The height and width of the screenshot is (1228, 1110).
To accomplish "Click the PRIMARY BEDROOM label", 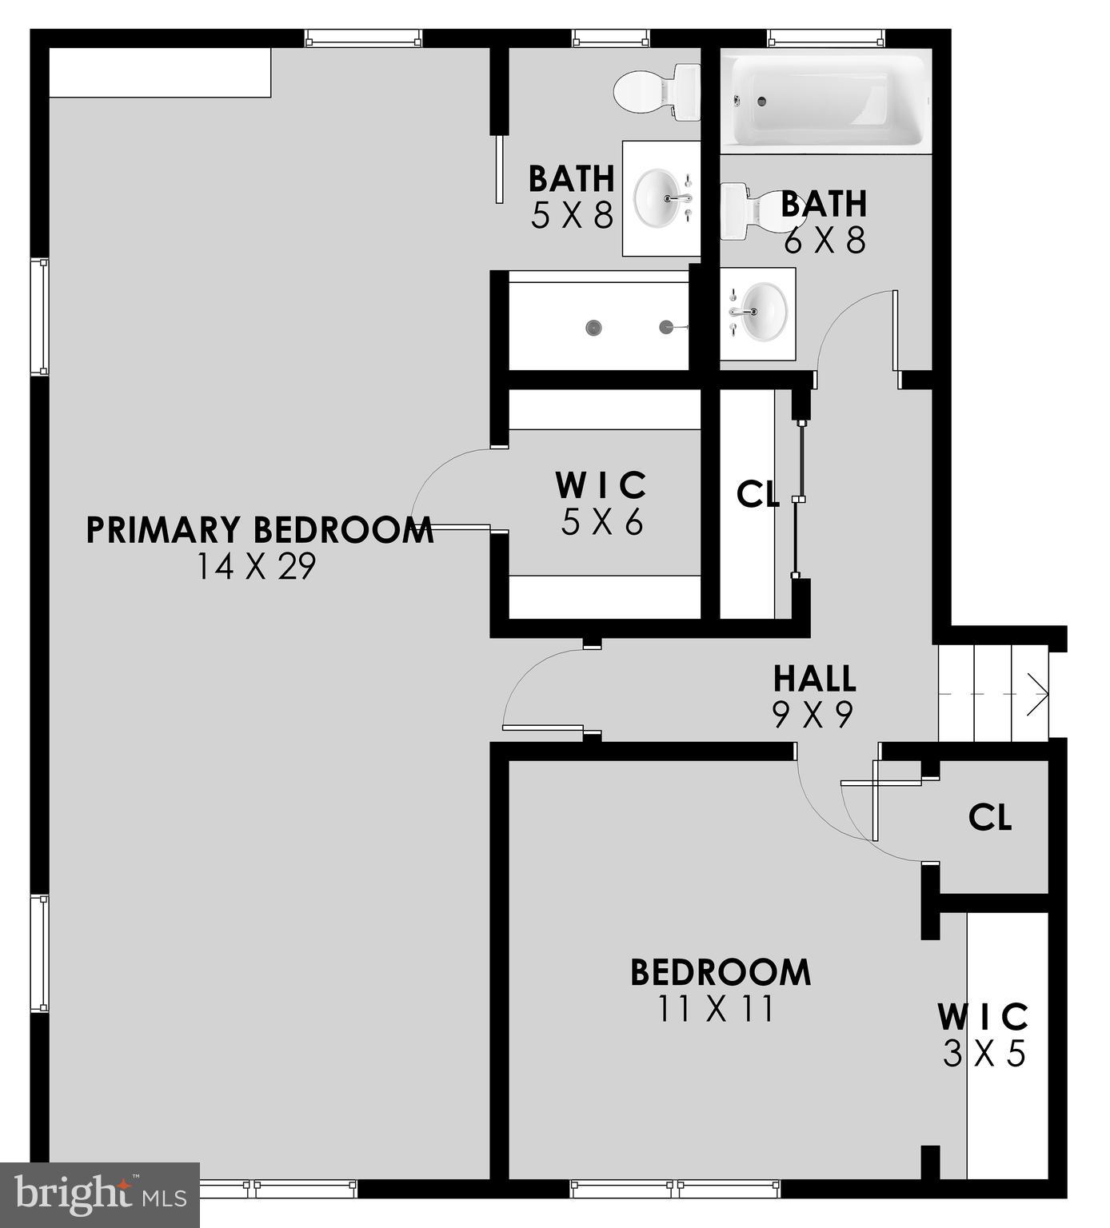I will [x=260, y=530].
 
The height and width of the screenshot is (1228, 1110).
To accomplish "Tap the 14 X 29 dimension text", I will [x=257, y=567].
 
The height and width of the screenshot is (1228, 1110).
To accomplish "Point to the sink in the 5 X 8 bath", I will [x=661, y=198].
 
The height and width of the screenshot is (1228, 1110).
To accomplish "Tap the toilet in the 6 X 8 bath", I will [x=743, y=212].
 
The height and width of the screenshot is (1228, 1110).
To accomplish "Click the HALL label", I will [x=814, y=679].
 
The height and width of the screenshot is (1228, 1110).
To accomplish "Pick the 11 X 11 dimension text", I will [x=716, y=1009].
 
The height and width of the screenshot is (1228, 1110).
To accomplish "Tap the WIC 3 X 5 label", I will [x=984, y=1035].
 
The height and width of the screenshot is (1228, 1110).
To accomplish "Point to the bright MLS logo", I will [x=99, y=1194].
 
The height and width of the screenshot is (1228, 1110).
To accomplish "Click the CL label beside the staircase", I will [x=990, y=817].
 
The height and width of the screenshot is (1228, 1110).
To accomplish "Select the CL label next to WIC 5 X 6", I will [x=757, y=495].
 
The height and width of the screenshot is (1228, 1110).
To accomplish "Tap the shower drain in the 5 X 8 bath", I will [x=593, y=327].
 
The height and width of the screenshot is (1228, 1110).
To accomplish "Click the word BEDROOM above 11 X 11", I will [x=721, y=972].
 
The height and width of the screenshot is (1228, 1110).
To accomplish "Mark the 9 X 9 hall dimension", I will [x=813, y=713].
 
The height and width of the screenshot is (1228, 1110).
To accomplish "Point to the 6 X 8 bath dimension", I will [x=825, y=239].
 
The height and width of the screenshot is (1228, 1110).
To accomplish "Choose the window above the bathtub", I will [x=827, y=38].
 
